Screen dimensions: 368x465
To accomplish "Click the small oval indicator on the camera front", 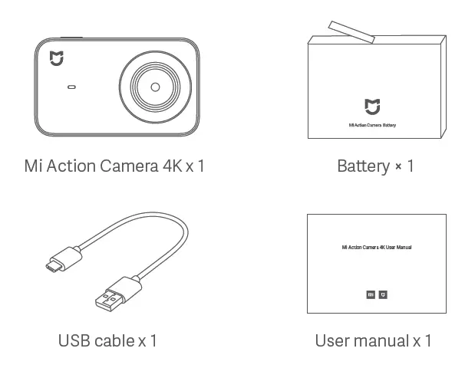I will click(73, 87).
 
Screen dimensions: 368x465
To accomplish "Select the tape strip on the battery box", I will click(350, 31).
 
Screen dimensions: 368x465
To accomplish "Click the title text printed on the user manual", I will click(376, 248).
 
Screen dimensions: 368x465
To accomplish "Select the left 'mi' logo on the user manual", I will click(371, 294).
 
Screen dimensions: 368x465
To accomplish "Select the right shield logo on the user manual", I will click(382, 294).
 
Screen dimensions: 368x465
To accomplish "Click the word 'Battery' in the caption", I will click(362, 166).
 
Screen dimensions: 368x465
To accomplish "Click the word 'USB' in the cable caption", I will click(73, 340).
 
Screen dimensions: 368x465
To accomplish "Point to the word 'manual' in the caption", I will click(379, 340).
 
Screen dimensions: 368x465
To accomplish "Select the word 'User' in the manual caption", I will click(332, 340).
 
